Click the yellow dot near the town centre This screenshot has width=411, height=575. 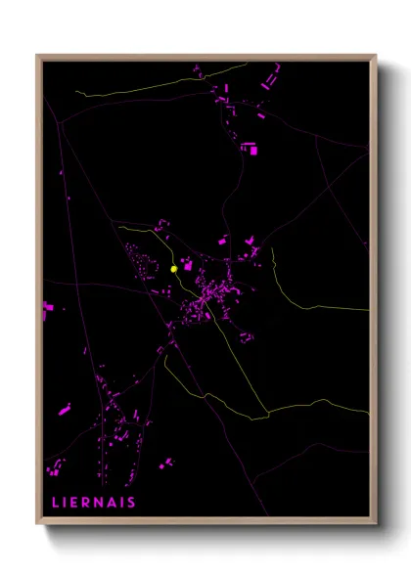(x=173, y=268)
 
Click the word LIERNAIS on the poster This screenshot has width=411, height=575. (x=94, y=504)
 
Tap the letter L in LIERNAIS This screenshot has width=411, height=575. (x=55, y=504)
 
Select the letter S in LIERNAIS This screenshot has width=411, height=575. (x=132, y=504)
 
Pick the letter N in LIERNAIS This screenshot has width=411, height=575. (x=101, y=504)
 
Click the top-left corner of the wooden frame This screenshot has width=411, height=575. (x=37, y=56)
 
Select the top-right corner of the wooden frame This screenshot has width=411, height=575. (x=377, y=56)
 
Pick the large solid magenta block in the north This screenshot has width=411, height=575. (x=253, y=150)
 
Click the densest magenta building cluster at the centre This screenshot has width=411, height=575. (x=207, y=292)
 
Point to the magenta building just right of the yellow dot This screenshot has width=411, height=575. (x=187, y=264)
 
